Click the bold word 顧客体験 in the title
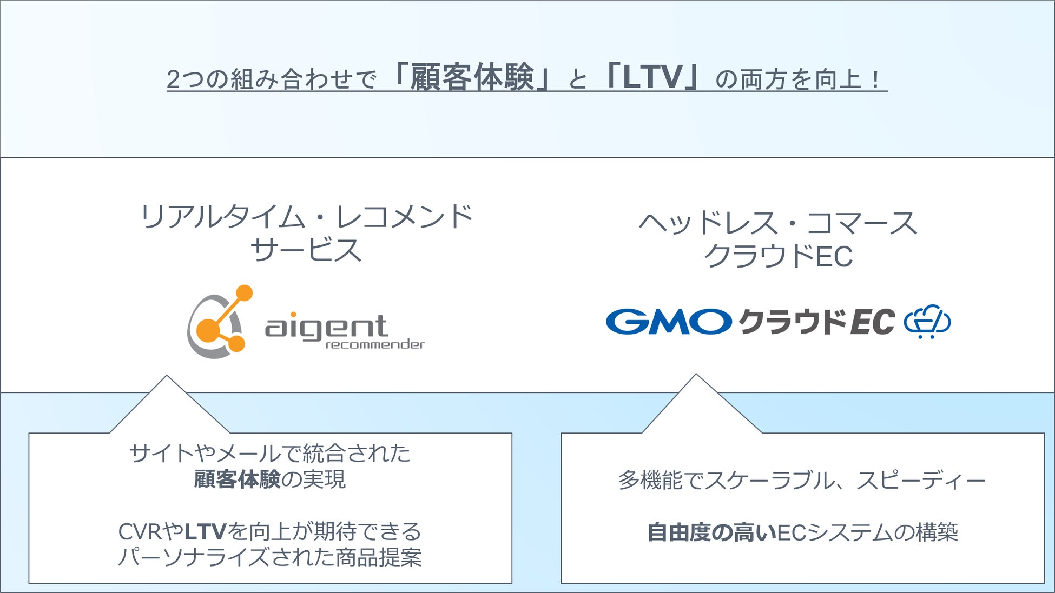472,78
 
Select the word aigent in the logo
326,327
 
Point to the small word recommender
375,344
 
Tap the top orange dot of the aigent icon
244,293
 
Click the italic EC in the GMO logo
872,322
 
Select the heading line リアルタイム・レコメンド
306,217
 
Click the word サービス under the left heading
306,250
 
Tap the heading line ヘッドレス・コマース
778,223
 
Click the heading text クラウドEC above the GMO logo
778,256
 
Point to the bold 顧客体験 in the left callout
237,479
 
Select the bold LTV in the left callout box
205,532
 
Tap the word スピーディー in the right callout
921,480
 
